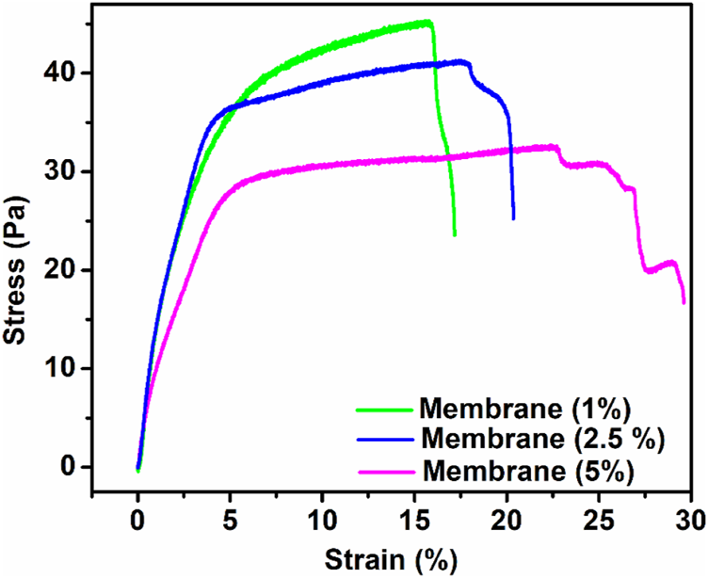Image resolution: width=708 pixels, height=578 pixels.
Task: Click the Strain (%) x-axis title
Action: (391, 558)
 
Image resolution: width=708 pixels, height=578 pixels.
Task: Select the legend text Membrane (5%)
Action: (528, 468)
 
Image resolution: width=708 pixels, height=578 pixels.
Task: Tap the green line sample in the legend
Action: (385, 409)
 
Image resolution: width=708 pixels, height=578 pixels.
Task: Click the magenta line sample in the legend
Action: (385, 469)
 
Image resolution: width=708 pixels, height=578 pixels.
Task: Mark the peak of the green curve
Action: (428, 22)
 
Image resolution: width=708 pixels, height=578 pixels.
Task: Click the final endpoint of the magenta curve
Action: (684, 302)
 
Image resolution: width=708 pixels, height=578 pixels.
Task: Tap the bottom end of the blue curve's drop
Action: (513, 218)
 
